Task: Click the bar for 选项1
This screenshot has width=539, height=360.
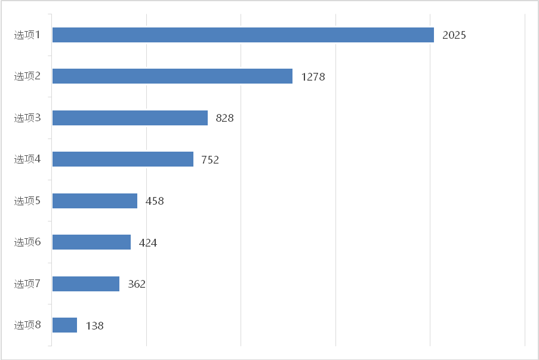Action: pyautogui.click(x=243, y=35)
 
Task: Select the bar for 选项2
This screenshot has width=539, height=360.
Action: pyautogui.click(x=173, y=76)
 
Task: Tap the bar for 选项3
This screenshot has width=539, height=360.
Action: pyautogui.click(x=130, y=118)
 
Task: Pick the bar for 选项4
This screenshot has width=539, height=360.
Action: pyautogui.click(x=123, y=159)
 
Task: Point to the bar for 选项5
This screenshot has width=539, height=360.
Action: pyautogui.click(x=95, y=201)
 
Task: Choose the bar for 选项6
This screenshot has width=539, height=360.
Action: pyautogui.click(x=91, y=242)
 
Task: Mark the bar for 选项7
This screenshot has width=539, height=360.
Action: pyautogui.click(x=86, y=284)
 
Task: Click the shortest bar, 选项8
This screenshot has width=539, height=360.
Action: pyautogui.click(x=64, y=325)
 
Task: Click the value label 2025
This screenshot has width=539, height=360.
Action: pyautogui.click(x=454, y=35)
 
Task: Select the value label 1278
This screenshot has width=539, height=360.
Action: pyautogui.click(x=313, y=77)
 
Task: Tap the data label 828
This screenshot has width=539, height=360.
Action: pyautogui.click(x=224, y=118)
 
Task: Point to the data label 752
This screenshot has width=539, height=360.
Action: pyautogui.click(x=210, y=160)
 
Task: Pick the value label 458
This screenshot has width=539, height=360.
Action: pyautogui.click(x=154, y=201)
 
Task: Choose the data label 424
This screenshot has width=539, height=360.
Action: pyautogui.click(x=147, y=243)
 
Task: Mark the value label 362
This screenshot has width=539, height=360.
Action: pyautogui.click(x=136, y=284)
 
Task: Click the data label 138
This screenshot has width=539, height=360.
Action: pyautogui.click(x=94, y=326)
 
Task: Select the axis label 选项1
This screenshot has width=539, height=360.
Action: pyautogui.click(x=27, y=35)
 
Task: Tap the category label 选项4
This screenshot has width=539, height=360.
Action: pyautogui.click(x=27, y=159)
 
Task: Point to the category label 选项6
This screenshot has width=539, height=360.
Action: pyautogui.click(x=27, y=242)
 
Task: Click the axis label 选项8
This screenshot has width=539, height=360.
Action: pyautogui.click(x=27, y=325)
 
